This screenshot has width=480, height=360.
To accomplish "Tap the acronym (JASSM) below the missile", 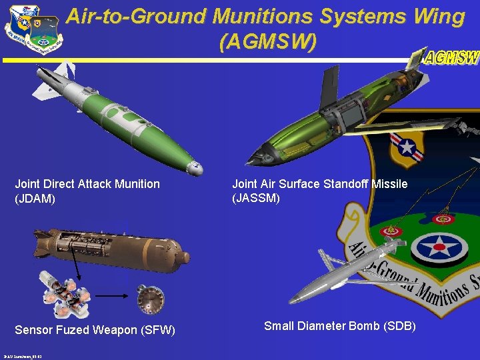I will (256, 198).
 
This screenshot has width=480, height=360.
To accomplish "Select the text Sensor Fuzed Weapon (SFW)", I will (95, 330).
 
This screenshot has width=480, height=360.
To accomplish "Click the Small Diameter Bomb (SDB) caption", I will (340, 326).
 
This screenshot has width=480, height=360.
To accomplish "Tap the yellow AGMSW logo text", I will (452, 58).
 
